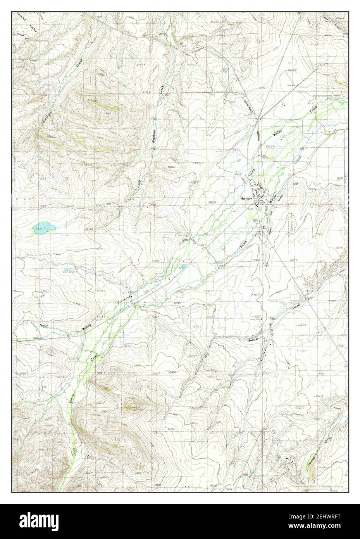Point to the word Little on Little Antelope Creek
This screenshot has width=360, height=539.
[139, 183]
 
